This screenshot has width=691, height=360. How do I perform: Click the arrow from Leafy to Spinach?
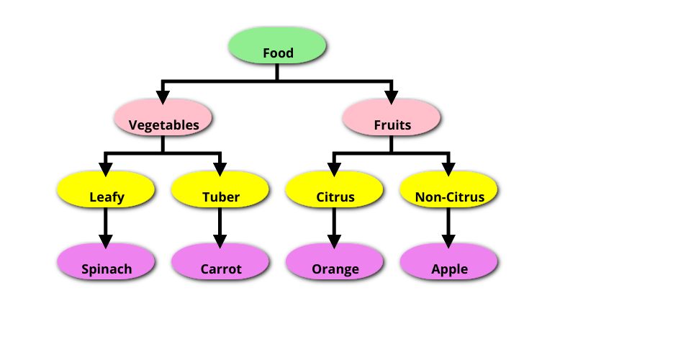(106, 225)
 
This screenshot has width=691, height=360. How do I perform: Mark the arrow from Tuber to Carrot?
(220, 225)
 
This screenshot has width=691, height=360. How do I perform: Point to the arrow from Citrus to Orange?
(334, 225)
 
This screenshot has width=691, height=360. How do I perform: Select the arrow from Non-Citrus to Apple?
(448, 225)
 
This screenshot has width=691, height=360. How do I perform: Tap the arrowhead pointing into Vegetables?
(163, 95)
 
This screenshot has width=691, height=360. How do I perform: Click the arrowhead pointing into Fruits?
(392, 95)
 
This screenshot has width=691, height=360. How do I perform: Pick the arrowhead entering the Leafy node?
(106, 168)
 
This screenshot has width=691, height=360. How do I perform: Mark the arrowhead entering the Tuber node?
(220, 168)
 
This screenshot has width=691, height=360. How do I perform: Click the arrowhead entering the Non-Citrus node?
(448, 168)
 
